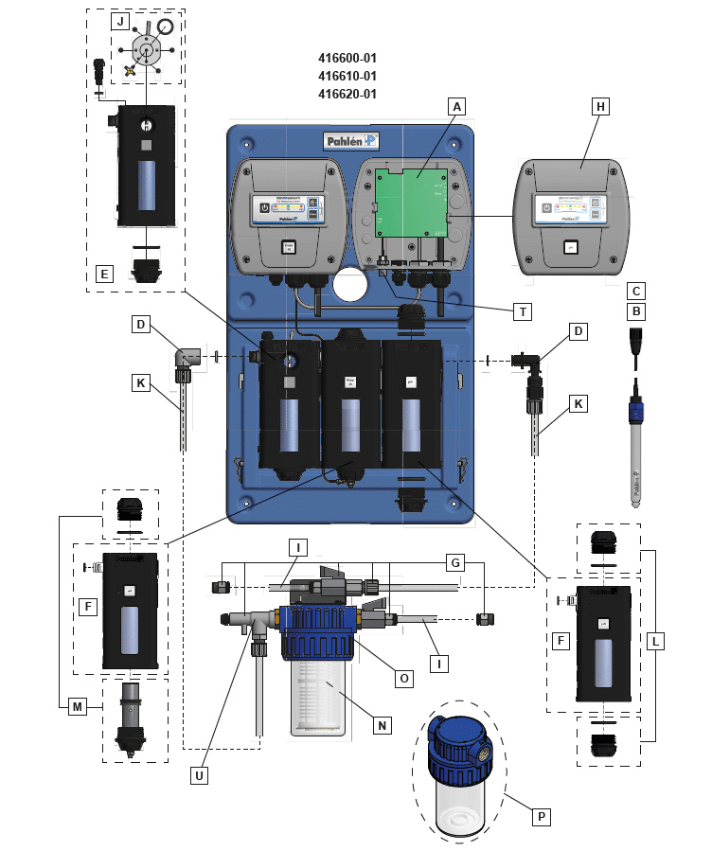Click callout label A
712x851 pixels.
[456, 107]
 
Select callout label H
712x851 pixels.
[599, 107]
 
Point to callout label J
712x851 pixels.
[121, 21]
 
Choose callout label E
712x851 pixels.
[105, 275]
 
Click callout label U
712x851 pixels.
[199, 774]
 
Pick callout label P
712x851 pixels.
[541, 815]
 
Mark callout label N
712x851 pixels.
[382, 725]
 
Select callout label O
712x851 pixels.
[403, 678]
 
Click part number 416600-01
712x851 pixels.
[348, 58]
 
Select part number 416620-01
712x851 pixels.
[348, 94]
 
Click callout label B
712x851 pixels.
[637, 310]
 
